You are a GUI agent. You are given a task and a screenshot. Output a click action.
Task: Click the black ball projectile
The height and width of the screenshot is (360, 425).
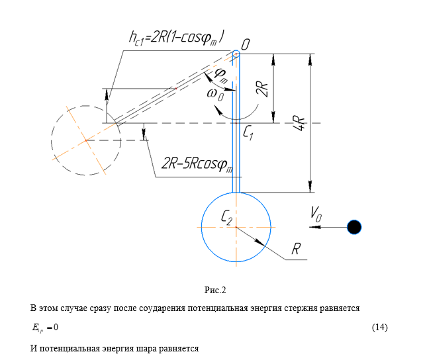coord(354,227)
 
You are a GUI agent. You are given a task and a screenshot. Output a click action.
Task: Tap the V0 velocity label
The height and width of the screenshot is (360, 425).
coord(316,214)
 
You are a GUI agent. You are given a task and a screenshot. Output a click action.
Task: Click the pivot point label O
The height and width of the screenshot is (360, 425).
coord(246,45)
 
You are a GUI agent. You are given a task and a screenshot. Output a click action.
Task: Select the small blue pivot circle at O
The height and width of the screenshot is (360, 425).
coord(236,54)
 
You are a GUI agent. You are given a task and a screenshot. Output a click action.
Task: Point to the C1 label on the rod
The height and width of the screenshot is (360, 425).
coord(248,133)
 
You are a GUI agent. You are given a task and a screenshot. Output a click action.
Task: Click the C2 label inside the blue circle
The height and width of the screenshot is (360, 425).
coord(227,217)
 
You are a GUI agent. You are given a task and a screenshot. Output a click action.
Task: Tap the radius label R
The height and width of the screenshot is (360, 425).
coord(296,248)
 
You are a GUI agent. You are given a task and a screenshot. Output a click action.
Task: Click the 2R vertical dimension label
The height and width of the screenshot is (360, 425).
coord(262,89)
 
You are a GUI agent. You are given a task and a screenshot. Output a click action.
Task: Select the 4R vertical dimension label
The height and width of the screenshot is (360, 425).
coord(299,123)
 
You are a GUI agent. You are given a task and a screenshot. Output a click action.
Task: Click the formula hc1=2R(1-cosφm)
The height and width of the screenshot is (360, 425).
coord(177,37)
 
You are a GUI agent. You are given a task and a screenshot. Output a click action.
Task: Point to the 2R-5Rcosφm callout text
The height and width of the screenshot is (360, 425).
coord(197,164)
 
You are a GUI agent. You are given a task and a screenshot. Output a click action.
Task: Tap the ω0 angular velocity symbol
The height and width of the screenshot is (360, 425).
coord(215,95)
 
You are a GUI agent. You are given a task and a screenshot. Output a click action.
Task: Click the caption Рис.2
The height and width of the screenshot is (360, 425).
coord(215,290)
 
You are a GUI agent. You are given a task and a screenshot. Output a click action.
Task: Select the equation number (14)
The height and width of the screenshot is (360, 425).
coord(380,327)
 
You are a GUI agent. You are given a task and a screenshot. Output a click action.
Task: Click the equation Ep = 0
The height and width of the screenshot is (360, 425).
coord(45,328)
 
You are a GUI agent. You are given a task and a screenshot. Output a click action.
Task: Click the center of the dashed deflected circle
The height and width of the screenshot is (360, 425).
coord(86,140)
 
